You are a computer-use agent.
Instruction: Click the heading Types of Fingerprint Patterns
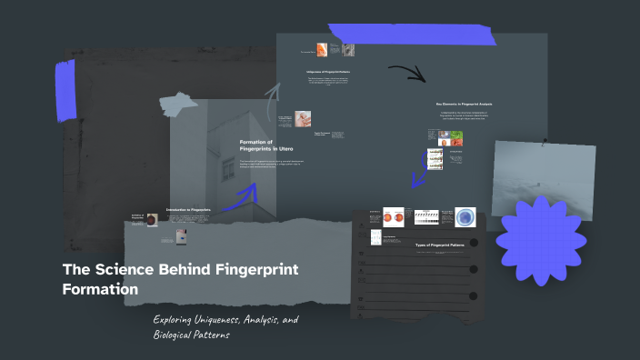pos(440,245)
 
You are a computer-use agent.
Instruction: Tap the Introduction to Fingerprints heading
pos(188,210)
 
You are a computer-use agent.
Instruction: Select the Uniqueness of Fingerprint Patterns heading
pos(327,71)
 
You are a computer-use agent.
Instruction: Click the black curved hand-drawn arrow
pos(406,73)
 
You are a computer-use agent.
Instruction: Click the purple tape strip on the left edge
pos(65,91)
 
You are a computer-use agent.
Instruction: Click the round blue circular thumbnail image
pos(465,216)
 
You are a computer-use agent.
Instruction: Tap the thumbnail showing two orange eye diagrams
pos(394,217)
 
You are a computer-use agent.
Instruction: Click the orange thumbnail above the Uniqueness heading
pos(322,49)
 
